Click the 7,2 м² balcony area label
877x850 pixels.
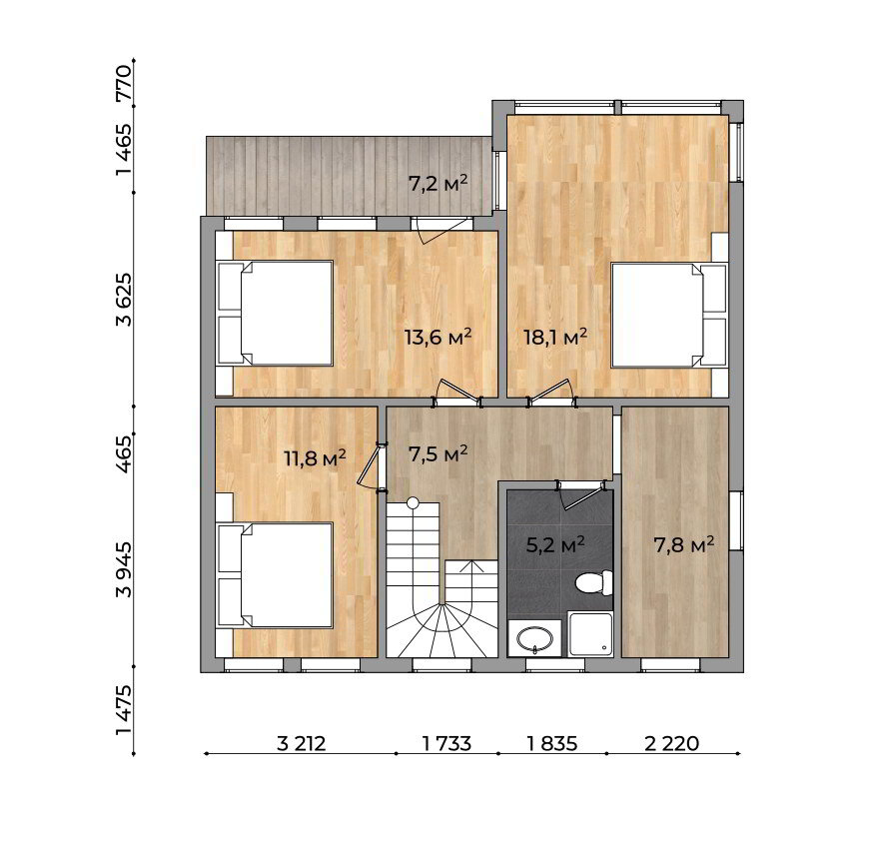pos(438,183)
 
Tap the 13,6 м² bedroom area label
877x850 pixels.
pos(438,338)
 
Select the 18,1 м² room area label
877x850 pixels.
pos(555,337)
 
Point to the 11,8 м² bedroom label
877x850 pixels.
pos(315,458)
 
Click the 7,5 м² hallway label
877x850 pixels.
pos(438,454)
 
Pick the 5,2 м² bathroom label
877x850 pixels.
pos(555,544)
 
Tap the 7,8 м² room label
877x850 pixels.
pos(684,544)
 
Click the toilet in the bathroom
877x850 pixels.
pos(594,582)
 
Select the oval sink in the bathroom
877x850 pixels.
pos(534,638)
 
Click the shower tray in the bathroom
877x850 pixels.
pos(590,634)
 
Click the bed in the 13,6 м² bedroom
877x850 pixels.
pos(275,314)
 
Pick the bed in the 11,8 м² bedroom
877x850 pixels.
pos(275,575)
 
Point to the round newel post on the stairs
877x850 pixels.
pos(413,502)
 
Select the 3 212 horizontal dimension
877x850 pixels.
pos(301,744)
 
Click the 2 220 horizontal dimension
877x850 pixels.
pos(671,744)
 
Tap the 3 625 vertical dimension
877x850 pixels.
pos(124,300)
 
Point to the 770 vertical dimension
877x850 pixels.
pos(124,83)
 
